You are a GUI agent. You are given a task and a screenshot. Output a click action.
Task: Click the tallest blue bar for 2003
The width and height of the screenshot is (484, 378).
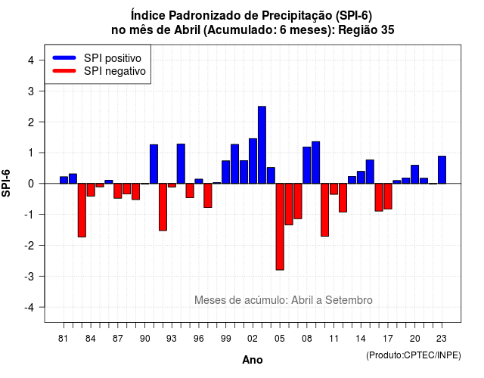click(x=262, y=144)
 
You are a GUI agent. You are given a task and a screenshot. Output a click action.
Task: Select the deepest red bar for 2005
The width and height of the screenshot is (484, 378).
click(x=280, y=227)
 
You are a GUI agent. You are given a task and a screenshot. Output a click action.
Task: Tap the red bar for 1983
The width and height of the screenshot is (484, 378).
click(x=82, y=210)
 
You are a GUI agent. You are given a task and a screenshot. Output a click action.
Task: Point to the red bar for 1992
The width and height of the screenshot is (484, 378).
click(x=163, y=207)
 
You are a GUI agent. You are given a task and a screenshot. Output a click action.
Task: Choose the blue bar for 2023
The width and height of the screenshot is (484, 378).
click(x=442, y=169)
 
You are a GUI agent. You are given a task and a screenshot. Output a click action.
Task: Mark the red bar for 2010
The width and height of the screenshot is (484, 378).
click(x=324, y=210)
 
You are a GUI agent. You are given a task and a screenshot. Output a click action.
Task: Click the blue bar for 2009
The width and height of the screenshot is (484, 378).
click(x=316, y=163)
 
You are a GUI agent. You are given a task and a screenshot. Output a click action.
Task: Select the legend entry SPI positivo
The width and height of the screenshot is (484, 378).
click(x=97, y=58)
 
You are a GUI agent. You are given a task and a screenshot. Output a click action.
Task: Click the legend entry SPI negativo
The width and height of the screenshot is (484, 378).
click(x=99, y=71)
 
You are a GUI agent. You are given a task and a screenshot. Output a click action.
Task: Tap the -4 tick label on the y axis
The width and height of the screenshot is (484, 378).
click(x=29, y=308)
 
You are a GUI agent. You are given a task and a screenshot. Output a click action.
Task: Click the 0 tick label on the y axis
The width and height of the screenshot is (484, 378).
click(x=31, y=184)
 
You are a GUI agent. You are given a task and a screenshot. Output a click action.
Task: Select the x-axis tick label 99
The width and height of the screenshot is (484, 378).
click(x=225, y=339)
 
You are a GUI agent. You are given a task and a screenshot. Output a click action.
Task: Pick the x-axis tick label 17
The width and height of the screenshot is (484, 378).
click(x=388, y=339)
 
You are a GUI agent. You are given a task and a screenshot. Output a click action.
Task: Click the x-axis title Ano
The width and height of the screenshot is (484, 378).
click(x=253, y=360)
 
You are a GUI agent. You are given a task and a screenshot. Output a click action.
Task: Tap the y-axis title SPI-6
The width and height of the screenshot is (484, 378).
click(x=6, y=183)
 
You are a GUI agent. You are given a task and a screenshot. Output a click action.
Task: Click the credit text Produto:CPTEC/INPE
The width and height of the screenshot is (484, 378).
click(x=414, y=355)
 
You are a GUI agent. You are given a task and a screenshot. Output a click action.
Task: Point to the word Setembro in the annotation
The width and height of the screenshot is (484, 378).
click(x=349, y=300)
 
